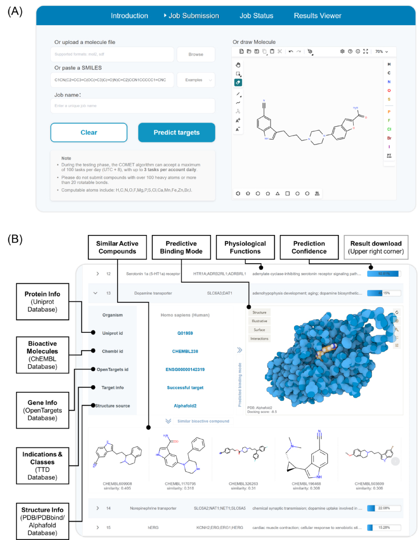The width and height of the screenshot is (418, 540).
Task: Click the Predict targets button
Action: click(x=176, y=132)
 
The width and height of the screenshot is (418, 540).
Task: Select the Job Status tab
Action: click(x=256, y=16)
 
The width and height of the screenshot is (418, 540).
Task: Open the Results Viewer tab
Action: click(x=318, y=16)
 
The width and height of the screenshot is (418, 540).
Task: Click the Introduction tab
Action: click(x=129, y=16)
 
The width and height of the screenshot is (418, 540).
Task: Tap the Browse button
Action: click(x=196, y=54)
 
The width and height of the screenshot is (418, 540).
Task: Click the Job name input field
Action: click(x=133, y=106)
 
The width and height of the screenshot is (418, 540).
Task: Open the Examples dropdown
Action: click(x=196, y=80)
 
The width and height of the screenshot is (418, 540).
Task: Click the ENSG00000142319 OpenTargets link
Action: click(x=181, y=369)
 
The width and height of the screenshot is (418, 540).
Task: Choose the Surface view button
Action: click(x=260, y=330)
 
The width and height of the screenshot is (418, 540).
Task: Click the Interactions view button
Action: click(x=260, y=339)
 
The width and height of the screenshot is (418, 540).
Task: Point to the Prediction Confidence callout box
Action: click(x=309, y=247)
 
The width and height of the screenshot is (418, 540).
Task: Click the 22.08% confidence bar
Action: click(x=384, y=508)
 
